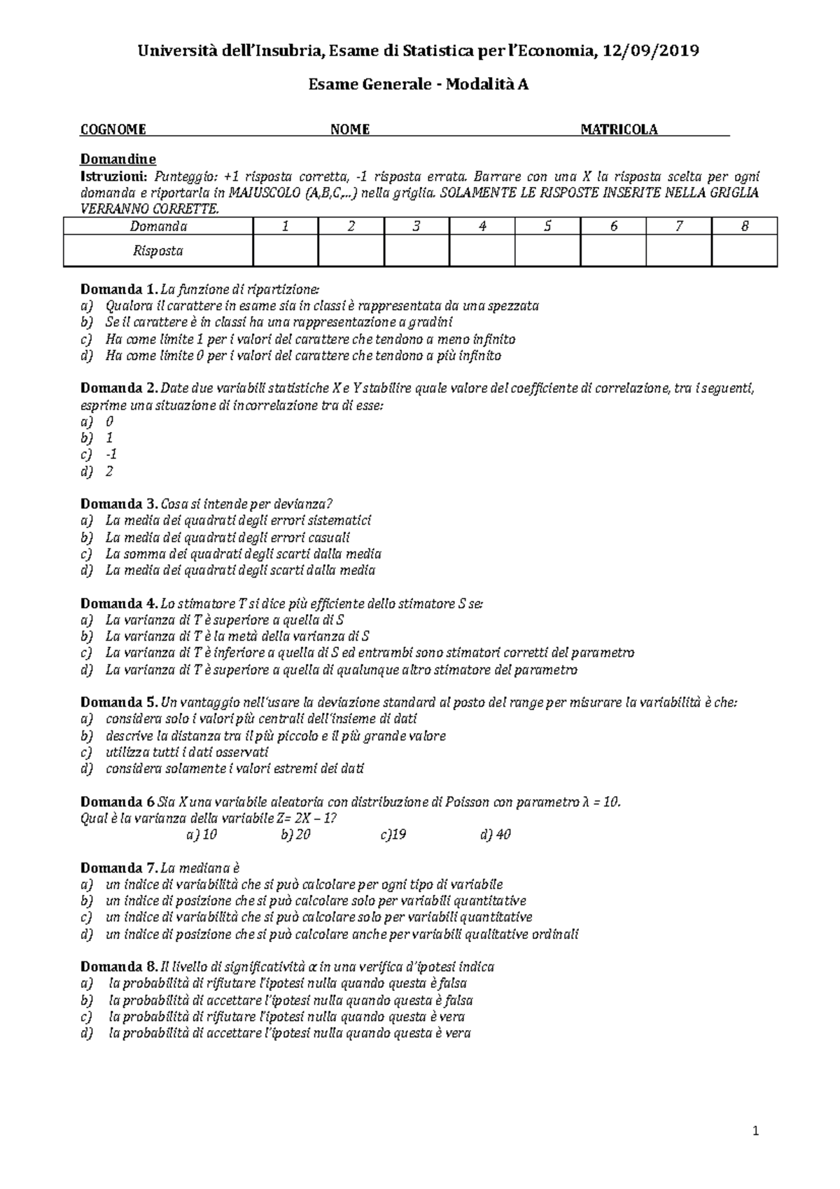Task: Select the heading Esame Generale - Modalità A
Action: pyautogui.click(x=419, y=85)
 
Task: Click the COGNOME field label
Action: pyautogui.click(x=113, y=130)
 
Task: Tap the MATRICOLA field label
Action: pyautogui.click(x=619, y=130)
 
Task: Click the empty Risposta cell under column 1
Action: pyautogui.click(x=285, y=251)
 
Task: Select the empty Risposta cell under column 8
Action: pyautogui.click(x=744, y=251)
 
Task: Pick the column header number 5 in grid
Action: pyautogui.click(x=547, y=226)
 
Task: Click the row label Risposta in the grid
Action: pyautogui.click(x=157, y=251)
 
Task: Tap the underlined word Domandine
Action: pyautogui.click(x=118, y=159)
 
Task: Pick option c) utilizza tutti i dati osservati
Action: pyautogui.click(x=186, y=752)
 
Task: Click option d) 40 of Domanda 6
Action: pyautogui.click(x=496, y=835)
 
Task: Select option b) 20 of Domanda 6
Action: pyautogui.click(x=295, y=835)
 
